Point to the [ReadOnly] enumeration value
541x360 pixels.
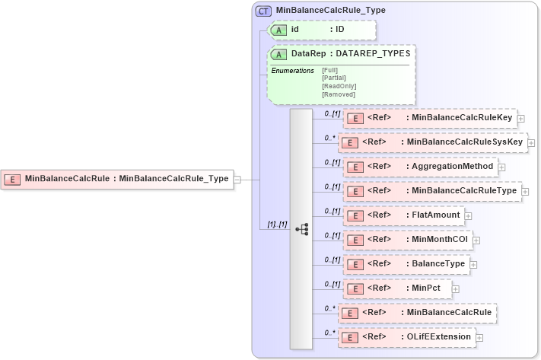339,86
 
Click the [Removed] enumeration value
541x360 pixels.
339,94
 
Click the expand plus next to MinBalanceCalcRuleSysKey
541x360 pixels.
533,142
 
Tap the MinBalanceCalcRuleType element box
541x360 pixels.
431,191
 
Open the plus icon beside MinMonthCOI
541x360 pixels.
476,240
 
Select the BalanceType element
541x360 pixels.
406,264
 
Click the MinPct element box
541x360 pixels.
398,288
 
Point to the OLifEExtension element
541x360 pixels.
406,336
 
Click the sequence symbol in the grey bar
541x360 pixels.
301,228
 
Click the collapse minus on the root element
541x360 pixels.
237,180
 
